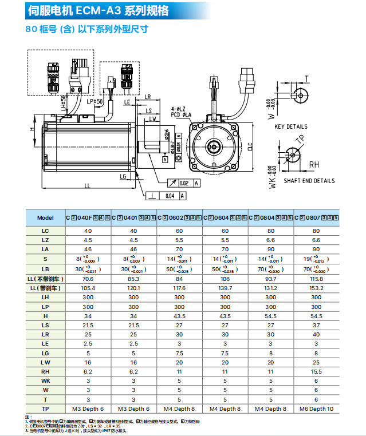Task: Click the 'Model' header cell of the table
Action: pyautogui.click(x=45, y=217)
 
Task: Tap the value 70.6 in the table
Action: pyautogui.click(x=88, y=279)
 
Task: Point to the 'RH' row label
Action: pyautogui.click(x=45, y=371)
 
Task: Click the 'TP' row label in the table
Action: pyautogui.click(x=45, y=409)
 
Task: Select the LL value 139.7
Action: pyautogui.click(x=225, y=288)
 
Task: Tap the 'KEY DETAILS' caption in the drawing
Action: pyautogui.click(x=290, y=126)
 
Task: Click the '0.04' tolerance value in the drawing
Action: pyautogui.click(x=170, y=196)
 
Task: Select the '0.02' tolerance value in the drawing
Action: pyautogui.click(x=185, y=183)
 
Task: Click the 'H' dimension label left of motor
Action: pyautogui.click(x=33, y=129)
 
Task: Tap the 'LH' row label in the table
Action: pyautogui.click(x=45, y=297)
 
